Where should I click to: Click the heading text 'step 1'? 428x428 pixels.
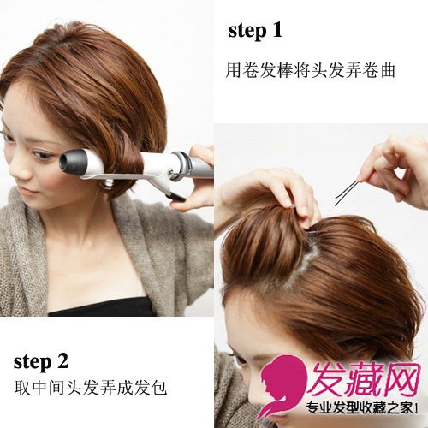tap(255, 32)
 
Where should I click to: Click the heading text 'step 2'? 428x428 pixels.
tap(41, 362)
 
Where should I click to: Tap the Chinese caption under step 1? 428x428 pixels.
tap(310, 70)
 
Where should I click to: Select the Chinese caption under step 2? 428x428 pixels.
tap(91, 388)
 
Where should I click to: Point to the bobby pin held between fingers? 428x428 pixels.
tap(346, 193)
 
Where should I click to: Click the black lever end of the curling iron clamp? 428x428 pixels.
tap(177, 197)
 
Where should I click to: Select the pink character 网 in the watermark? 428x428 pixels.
tap(401, 379)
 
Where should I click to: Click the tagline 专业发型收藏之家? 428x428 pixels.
tap(360, 407)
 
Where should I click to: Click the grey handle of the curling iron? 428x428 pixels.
tap(201, 167)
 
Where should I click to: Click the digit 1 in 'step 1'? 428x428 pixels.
tap(277, 30)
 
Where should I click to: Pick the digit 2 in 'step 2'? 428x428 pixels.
tap(62, 360)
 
